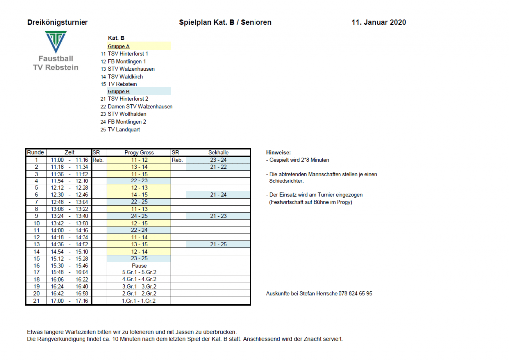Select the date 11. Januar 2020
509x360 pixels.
(378, 22)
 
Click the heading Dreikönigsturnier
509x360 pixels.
(58, 22)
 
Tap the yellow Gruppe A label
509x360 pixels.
(119, 46)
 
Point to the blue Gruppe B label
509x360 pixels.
(119, 91)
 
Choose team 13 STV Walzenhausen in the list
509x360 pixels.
(131, 69)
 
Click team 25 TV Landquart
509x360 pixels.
(124, 129)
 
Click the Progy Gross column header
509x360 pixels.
(139, 152)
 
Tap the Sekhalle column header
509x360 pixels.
(218, 152)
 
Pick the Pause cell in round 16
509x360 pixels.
(139, 266)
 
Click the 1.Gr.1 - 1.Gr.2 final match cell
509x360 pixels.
(139, 301)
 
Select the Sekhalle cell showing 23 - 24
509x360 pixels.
(218, 160)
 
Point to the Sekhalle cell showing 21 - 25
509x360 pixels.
(218, 244)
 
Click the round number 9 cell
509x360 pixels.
(36, 216)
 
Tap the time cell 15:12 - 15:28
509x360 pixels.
(69, 259)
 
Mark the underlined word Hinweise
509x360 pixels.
(278, 152)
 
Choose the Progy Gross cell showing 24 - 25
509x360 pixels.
(139, 216)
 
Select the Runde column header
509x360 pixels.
(36, 152)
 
